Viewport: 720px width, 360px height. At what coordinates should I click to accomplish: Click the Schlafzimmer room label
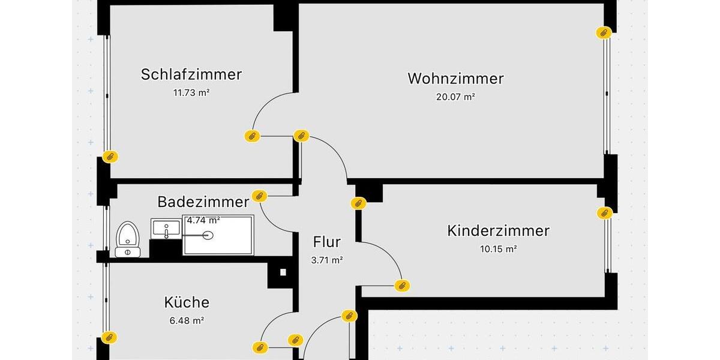pyautogui.click(x=191, y=74)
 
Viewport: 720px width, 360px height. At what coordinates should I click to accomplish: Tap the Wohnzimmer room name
pyautogui.click(x=455, y=79)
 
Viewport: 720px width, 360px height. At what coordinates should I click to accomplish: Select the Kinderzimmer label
pyautogui.click(x=498, y=231)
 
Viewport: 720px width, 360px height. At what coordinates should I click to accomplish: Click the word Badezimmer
pyautogui.click(x=203, y=202)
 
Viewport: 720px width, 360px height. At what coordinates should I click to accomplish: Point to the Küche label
pyautogui.click(x=187, y=302)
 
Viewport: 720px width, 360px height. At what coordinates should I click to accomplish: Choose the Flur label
pyautogui.click(x=327, y=242)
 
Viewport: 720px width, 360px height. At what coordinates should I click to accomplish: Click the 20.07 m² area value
pyautogui.click(x=455, y=96)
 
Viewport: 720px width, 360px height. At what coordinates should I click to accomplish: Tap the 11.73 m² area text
pyautogui.click(x=191, y=92)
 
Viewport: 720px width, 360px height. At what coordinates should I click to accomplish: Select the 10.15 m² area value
pyautogui.click(x=498, y=248)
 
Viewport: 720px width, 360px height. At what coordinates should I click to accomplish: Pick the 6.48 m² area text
pyautogui.click(x=187, y=320)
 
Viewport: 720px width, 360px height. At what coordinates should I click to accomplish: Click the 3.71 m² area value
pyautogui.click(x=327, y=260)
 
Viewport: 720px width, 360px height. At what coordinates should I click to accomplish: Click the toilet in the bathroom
pyautogui.click(x=127, y=239)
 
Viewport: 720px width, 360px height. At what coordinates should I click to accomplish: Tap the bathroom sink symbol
pyautogui.click(x=166, y=229)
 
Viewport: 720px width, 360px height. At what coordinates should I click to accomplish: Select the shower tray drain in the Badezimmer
pyautogui.click(x=208, y=235)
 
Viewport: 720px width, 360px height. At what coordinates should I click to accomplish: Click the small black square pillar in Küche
pyautogui.click(x=283, y=272)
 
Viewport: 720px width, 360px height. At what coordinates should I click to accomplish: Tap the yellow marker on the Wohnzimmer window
pyautogui.click(x=603, y=32)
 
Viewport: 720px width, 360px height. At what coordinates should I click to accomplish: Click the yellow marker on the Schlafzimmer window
pyautogui.click(x=110, y=157)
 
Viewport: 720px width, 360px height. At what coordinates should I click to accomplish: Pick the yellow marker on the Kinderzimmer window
pyautogui.click(x=603, y=212)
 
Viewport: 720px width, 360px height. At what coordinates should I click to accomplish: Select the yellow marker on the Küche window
pyautogui.click(x=109, y=337)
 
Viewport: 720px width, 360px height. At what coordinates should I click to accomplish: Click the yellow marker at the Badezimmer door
pyautogui.click(x=259, y=195)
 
